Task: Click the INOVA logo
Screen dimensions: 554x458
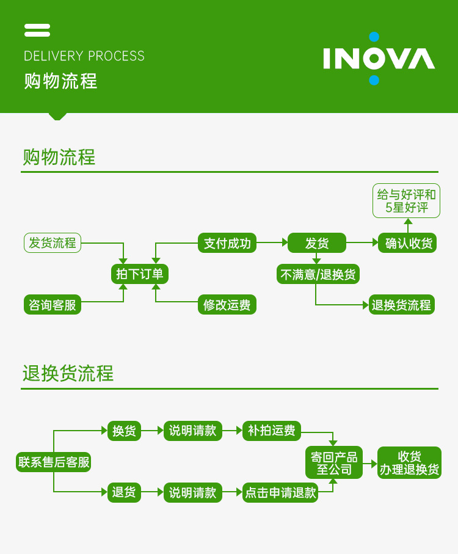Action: click(x=379, y=59)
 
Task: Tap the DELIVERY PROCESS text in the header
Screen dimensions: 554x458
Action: click(x=84, y=56)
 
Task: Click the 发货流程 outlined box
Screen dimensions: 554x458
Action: click(x=53, y=243)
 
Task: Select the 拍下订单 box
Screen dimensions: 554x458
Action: click(x=140, y=274)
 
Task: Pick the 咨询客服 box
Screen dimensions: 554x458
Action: click(x=53, y=305)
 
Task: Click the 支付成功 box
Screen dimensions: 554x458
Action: click(x=227, y=243)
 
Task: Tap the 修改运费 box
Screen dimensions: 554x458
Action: click(x=227, y=305)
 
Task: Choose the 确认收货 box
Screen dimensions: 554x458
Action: click(x=408, y=243)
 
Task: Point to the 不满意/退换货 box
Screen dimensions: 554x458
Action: click(x=318, y=274)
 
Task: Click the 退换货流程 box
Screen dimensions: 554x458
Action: click(x=401, y=305)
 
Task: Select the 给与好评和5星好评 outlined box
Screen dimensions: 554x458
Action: click(x=407, y=201)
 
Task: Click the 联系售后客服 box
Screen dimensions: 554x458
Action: click(x=54, y=462)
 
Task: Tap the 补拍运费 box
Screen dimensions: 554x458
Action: click(x=272, y=431)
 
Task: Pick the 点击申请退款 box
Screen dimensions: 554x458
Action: click(x=280, y=492)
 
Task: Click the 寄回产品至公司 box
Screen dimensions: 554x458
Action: click(x=333, y=462)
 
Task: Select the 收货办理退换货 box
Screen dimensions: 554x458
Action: click(x=409, y=462)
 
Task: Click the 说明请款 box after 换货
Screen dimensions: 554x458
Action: click(x=192, y=431)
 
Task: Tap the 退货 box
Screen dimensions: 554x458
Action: click(x=124, y=492)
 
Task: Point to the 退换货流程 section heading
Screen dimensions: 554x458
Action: click(x=68, y=373)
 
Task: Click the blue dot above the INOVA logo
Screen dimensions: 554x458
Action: click(x=374, y=37)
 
